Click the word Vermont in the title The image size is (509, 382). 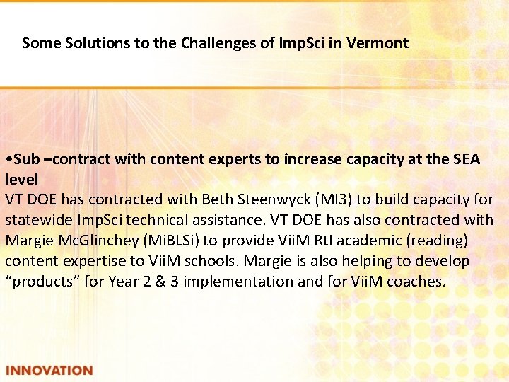coord(378,43)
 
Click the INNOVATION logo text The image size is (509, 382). coord(49,370)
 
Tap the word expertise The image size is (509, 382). coord(95,261)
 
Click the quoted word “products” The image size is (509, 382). coord(41,281)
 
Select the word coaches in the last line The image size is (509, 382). coord(419,281)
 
